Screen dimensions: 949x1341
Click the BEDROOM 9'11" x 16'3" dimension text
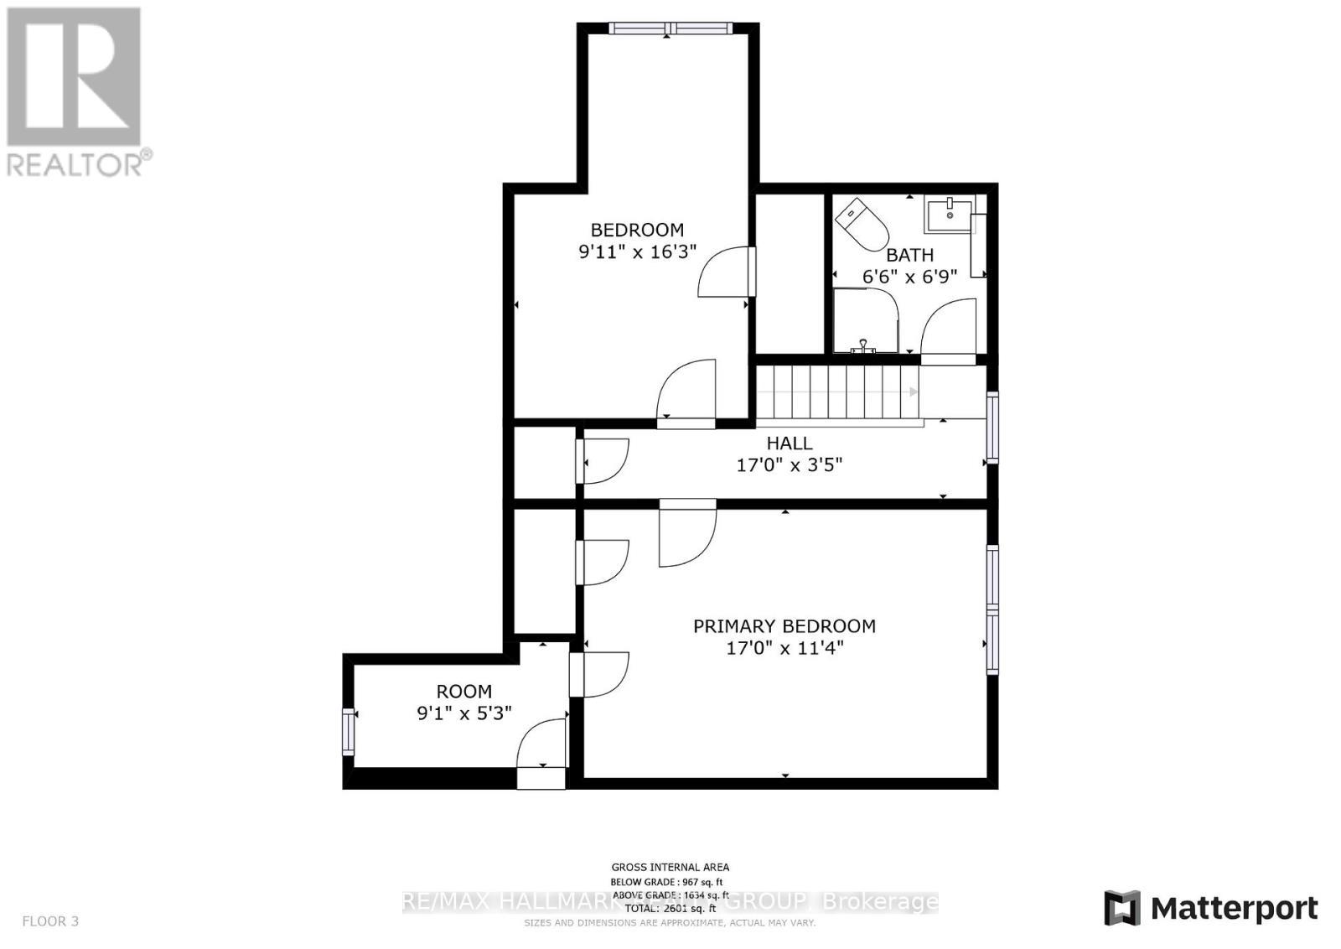pos(638,252)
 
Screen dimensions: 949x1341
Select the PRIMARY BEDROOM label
pos(784,626)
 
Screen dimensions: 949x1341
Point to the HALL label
pos(789,443)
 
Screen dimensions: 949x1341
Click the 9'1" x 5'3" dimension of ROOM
pos(464,713)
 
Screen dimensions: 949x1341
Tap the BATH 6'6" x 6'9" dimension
pos(909,277)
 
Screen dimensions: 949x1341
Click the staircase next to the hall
pos(838,392)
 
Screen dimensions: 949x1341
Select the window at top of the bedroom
pos(670,29)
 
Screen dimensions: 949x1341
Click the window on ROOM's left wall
pos(349,732)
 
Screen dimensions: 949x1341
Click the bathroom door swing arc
pos(949,331)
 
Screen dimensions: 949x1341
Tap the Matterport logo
pos(1211,909)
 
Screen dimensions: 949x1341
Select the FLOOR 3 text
pos(50,921)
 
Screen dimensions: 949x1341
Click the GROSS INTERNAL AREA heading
pos(670,868)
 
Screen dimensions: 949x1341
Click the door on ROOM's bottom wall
pos(541,755)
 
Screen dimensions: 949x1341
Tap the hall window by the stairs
pos(992,428)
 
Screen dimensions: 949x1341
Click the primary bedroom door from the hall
pos(687,532)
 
